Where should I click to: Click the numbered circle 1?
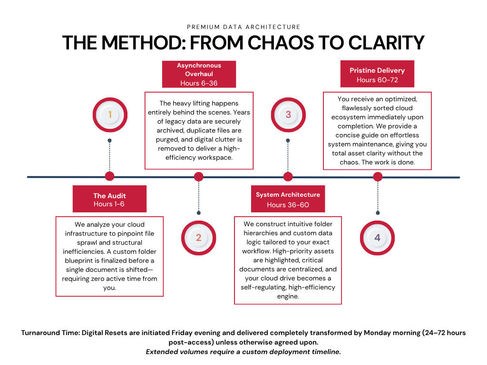(110, 115)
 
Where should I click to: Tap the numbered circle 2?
(198, 238)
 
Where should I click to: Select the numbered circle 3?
(288, 115)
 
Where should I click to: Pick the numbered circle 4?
(377, 238)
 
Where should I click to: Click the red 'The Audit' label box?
(110, 199)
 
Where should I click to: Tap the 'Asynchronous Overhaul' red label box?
(199, 74)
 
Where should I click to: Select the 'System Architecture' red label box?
(288, 199)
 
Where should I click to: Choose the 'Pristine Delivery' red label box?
(377, 74)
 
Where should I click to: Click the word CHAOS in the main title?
(281, 42)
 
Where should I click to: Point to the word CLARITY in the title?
(386, 42)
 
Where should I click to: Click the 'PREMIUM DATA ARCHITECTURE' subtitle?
(243, 27)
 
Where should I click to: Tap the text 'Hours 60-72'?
(377, 80)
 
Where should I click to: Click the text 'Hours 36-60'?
(288, 205)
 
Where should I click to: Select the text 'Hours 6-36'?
(199, 83)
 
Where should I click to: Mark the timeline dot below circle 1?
(110, 176)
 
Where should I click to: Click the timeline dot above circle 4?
(378, 177)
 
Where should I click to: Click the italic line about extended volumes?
(243, 352)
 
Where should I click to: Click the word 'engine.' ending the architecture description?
(288, 297)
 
